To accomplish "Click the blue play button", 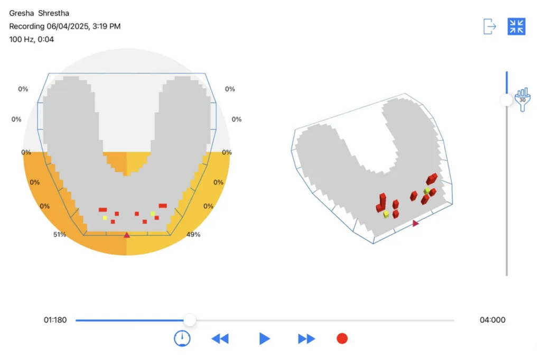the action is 264,339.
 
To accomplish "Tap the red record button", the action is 342,339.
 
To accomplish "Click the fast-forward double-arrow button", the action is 306,339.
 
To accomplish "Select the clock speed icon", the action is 182,338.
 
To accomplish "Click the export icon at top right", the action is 490,26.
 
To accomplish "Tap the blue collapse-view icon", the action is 517,26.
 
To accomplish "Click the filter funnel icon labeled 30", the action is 523,99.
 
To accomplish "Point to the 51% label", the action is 59,235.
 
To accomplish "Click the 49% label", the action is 193,235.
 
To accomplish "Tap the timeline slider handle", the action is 190,320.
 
